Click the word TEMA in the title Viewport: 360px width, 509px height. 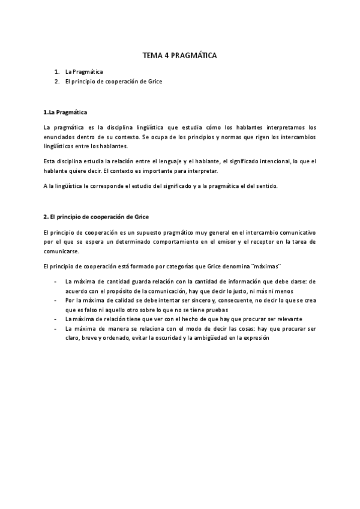tap(151, 55)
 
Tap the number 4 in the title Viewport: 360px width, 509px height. tap(166, 55)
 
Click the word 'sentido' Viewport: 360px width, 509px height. tap(265, 186)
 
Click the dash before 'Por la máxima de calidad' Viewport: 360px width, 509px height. tap(56, 300)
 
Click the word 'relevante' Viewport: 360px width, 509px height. tap(287, 319)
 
